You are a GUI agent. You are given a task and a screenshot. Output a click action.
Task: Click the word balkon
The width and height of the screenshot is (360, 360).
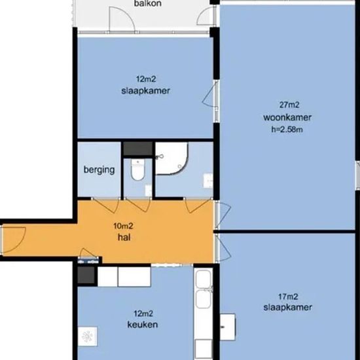[148, 3]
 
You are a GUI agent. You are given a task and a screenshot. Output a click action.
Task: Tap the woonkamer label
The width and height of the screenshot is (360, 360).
[287, 117]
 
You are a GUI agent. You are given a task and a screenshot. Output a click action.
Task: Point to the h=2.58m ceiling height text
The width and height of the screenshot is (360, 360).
[287, 130]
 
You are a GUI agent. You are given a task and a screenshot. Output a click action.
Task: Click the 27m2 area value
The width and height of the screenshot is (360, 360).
[289, 105]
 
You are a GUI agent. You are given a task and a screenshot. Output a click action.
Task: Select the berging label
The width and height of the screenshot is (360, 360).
[99, 170]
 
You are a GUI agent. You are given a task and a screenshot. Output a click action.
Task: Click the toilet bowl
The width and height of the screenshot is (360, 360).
[137, 170]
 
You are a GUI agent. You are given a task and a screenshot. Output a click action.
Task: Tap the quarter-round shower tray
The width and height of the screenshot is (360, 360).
[171, 158]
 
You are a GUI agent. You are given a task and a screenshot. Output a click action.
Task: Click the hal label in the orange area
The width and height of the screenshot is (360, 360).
[124, 237]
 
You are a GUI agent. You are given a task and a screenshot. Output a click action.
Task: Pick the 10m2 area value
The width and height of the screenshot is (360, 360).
[123, 226]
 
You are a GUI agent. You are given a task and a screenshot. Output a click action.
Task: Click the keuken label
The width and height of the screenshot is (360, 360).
[143, 325]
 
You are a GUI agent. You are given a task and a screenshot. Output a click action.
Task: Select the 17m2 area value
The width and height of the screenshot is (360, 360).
[288, 297]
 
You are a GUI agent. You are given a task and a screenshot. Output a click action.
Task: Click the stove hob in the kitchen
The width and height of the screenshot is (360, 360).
[87, 336]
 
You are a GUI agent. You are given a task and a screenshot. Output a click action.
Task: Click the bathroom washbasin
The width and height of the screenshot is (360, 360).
[208, 181]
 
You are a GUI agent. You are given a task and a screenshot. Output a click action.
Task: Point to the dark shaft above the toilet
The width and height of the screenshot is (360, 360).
[137, 149]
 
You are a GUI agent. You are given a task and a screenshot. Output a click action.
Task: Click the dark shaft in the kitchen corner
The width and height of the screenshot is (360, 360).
[86, 275]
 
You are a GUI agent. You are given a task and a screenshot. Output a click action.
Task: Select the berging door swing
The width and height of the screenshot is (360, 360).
[105, 206]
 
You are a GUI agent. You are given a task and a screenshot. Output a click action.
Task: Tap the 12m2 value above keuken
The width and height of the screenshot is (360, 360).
[143, 314]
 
